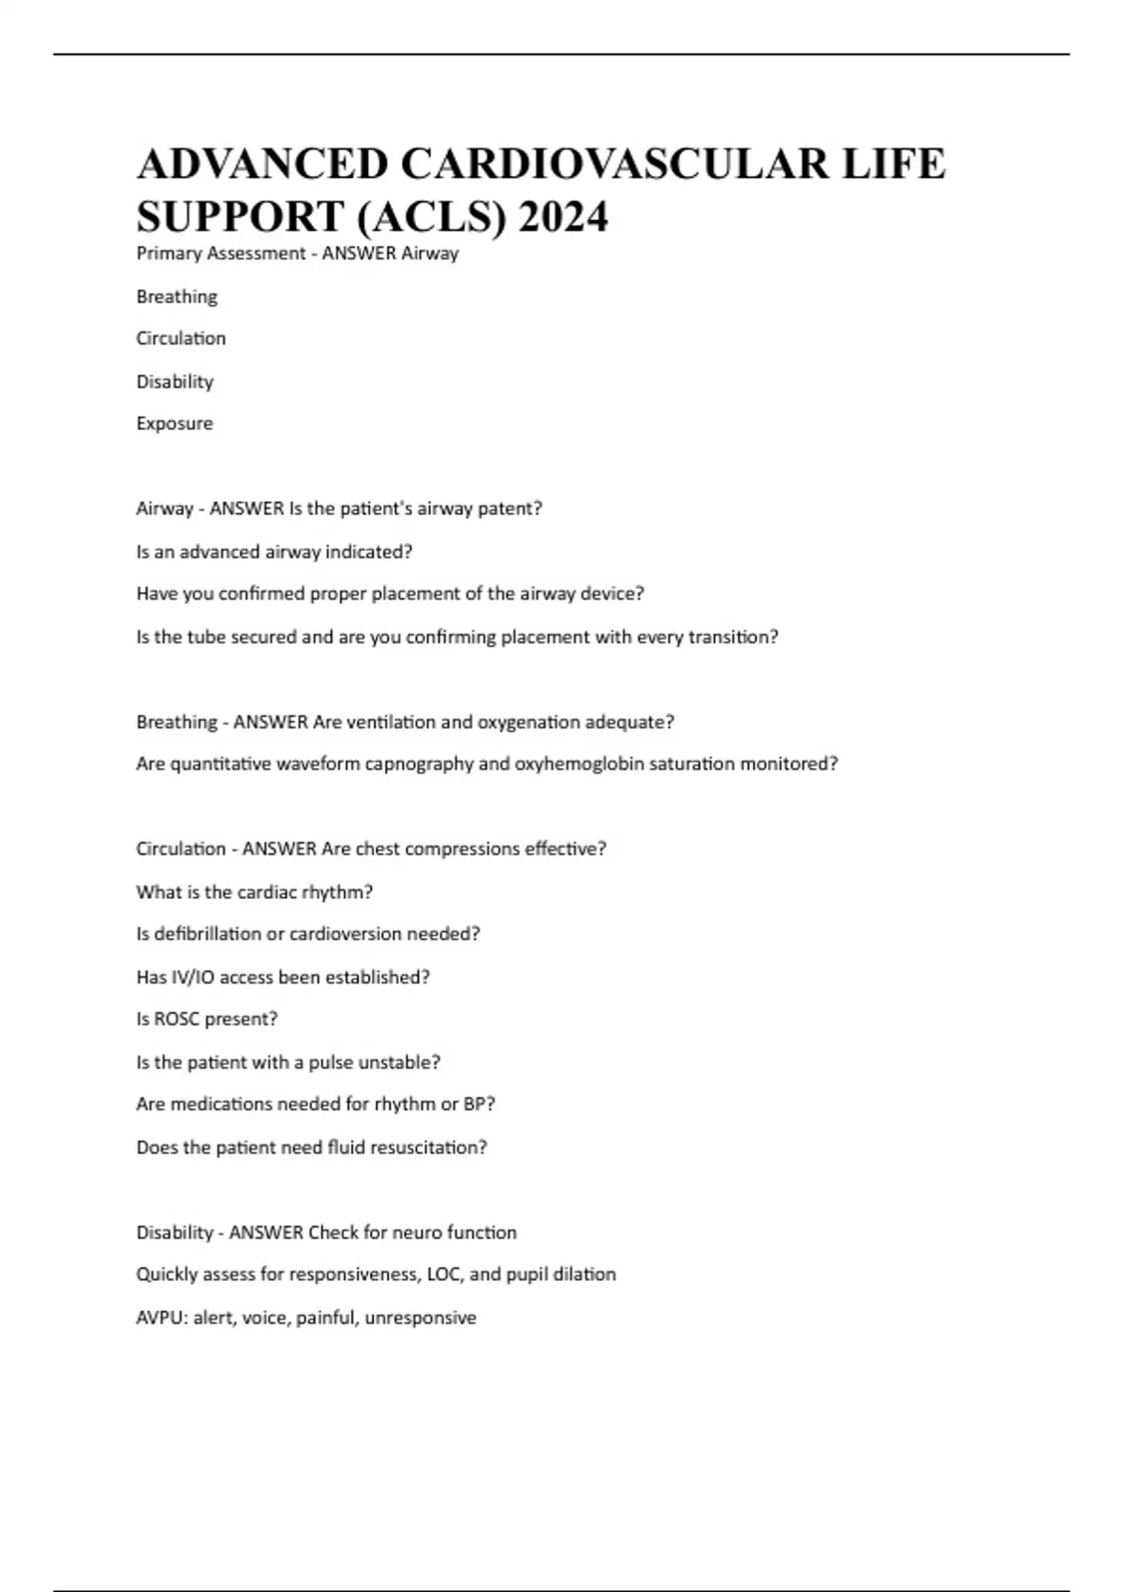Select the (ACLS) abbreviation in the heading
(x=432, y=217)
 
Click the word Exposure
(x=174, y=423)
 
